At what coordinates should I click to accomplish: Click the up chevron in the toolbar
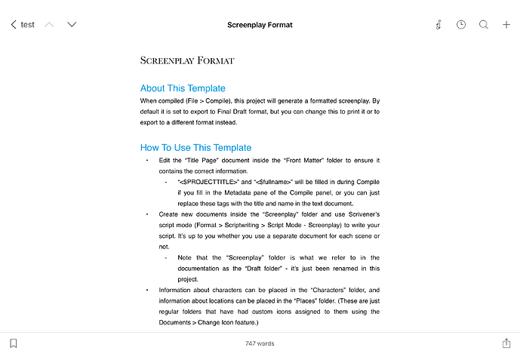(50, 25)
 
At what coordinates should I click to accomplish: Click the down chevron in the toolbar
(72, 25)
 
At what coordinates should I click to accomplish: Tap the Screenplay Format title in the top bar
(260, 25)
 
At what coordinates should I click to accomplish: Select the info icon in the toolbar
(438, 25)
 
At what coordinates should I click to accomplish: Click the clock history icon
(461, 25)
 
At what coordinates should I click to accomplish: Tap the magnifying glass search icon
(484, 25)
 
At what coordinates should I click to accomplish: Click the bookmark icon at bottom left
(14, 343)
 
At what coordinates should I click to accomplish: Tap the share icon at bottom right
(506, 343)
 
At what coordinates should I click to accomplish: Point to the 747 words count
(260, 343)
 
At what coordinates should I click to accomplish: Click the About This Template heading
(183, 88)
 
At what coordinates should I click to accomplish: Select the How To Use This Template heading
(195, 148)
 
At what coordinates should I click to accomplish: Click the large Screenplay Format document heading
(187, 60)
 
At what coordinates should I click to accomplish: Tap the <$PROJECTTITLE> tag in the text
(208, 182)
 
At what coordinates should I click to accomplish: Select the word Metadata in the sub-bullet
(253, 193)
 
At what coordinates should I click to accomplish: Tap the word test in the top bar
(28, 25)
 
